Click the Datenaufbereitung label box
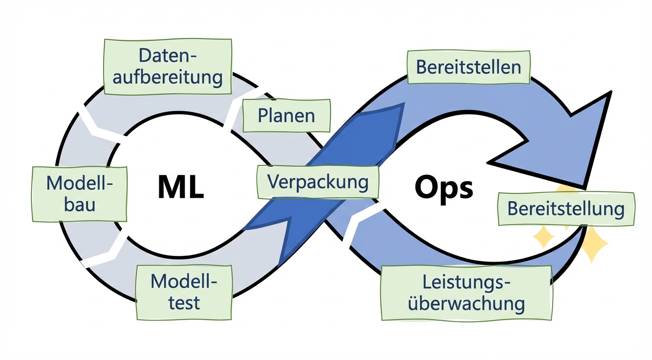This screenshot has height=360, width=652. [167, 67]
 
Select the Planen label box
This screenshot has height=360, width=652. [286, 115]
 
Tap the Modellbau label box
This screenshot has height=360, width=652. [79, 194]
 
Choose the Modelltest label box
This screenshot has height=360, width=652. [184, 292]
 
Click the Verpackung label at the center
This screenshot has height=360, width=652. [318, 181]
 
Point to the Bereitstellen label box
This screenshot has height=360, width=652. [468, 67]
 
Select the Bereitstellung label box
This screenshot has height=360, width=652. [566, 209]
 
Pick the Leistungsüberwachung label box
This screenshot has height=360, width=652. [466, 293]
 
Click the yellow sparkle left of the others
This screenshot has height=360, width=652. [543, 237]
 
